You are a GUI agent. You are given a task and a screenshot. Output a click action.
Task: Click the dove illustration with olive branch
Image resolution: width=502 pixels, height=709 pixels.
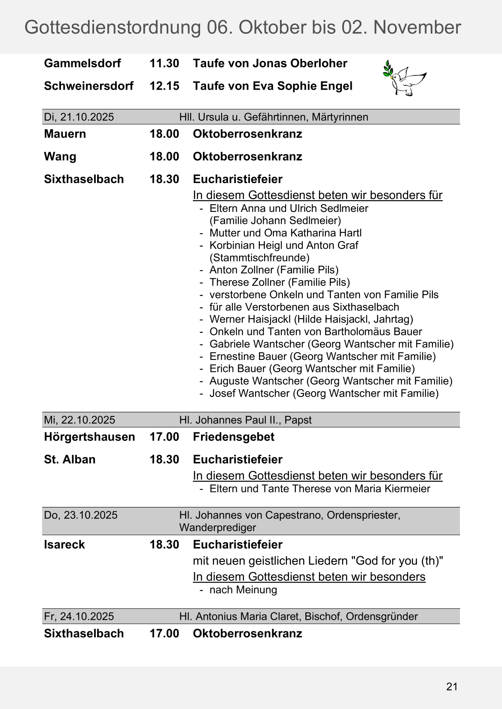coord(404,78)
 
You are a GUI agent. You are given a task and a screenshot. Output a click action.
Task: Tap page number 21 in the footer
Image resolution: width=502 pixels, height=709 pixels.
coord(452,687)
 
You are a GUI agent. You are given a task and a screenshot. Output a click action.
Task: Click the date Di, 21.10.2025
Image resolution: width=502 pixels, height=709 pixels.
coord(79,117)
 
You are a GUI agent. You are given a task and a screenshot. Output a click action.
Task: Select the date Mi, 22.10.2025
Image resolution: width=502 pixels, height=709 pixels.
coord(79,420)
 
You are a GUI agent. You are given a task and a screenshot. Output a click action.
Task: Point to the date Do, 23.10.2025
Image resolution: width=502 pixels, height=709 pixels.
coord(81,515)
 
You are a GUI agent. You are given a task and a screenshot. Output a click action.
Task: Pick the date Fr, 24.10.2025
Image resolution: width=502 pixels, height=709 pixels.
coord(79,616)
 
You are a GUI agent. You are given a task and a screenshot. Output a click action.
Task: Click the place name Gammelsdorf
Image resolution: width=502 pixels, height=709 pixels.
coord(82,63)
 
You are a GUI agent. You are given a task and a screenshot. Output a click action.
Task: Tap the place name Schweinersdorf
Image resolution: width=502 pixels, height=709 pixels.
coord(89,86)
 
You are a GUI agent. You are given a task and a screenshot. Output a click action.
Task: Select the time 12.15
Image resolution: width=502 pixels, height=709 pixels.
coord(164,86)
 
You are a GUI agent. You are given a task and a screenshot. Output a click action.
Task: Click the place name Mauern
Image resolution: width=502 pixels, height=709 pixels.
coord(65,134)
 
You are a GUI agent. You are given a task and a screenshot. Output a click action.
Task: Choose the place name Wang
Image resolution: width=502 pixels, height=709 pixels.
coord(60,157)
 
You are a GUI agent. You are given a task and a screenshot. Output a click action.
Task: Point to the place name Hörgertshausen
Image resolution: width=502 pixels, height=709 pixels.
coord(89,437)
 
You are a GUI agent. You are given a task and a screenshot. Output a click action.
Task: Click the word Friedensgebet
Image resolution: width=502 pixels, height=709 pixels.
coord(234,437)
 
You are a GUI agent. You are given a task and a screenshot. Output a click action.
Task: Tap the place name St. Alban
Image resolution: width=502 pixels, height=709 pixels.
coord(70,460)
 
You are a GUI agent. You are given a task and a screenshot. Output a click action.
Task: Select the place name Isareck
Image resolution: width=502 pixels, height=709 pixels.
coord(64,545)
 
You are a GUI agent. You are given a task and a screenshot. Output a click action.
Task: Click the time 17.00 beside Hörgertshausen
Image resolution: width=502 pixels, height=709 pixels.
coord(164,437)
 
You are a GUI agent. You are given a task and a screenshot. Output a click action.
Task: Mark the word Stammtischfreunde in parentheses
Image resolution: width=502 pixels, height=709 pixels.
coord(260,258)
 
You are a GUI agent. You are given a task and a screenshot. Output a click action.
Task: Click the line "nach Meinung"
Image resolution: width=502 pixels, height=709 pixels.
coord(243,590)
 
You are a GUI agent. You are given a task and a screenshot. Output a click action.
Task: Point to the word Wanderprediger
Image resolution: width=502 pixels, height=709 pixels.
coord(217,528)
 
